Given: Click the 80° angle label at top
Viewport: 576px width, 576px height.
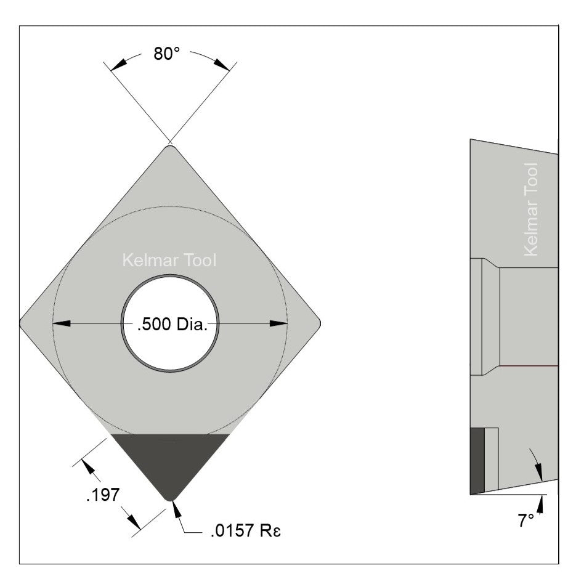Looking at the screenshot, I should point(166,54).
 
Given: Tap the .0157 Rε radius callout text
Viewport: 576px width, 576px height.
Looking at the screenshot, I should point(245,532).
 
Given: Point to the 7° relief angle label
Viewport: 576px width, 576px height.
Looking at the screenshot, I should point(525,521).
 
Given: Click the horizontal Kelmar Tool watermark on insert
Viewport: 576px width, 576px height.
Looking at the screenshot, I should point(169,261).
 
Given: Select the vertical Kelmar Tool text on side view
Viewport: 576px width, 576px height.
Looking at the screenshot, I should point(530,209).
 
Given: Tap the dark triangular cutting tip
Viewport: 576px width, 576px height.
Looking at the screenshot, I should point(170,459).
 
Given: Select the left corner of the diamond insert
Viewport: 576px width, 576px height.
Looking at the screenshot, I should point(22,322).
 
